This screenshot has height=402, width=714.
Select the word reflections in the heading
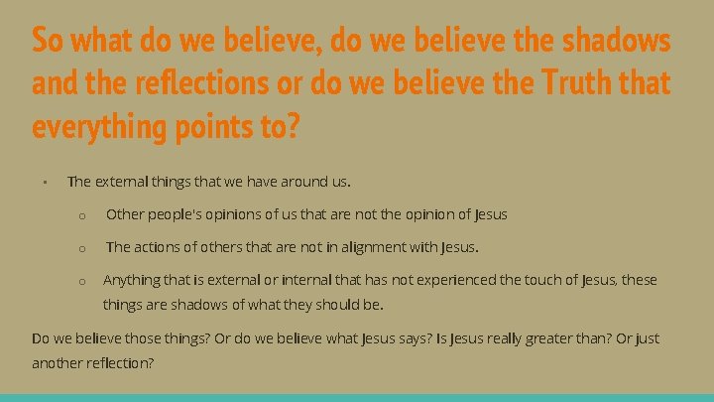click(193, 84)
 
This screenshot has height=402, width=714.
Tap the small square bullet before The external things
click(46, 183)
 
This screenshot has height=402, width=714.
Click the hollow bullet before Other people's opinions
click(84, 214)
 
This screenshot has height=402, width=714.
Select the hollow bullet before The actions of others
click(84, 247)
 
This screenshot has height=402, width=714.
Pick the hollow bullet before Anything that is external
click(84, 281)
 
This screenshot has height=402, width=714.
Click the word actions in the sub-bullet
click(157, 246)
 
